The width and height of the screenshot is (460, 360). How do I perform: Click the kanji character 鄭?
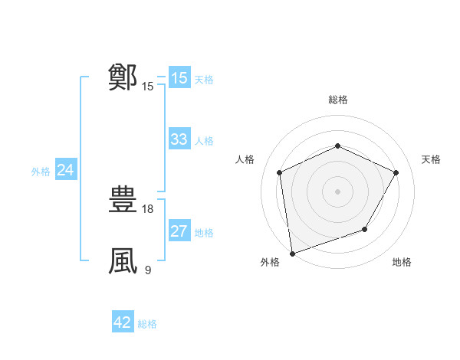[x=123, y=77]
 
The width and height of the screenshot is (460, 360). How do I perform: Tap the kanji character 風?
[x=123, y=261]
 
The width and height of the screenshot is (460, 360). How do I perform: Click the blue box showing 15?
[x=179, y=78]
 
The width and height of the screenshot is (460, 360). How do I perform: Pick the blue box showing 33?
[x=179, y=139]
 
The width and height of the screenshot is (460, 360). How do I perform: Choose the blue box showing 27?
[x=179, y=231]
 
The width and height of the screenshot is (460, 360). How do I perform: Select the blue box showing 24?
[x=65, y=170]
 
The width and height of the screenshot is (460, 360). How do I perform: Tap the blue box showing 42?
[x=122, y=322]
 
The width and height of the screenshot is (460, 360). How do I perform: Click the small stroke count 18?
[x=149, y=208]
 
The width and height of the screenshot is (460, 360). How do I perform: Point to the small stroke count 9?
[x=148, y=270]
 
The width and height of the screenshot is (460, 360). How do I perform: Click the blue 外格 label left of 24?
[x=41, y=172]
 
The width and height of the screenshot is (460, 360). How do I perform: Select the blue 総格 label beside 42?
[x=147, y=324]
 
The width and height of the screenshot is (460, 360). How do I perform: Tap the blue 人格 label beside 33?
[x=204, y=141]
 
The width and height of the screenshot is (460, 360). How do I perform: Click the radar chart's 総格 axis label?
[x=338, y=100]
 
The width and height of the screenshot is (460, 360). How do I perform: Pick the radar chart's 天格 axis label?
[x=432, y=159]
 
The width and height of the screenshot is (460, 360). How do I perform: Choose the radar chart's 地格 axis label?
[x=402, y=263]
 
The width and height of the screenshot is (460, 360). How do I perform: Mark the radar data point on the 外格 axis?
[x=291, y=254]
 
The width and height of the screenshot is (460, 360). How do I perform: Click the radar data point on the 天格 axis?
[x=396, y=172]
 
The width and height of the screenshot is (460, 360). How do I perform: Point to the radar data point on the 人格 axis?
[x=280, y=172]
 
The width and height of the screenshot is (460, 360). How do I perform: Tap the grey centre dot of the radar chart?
[x=338, y=191]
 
